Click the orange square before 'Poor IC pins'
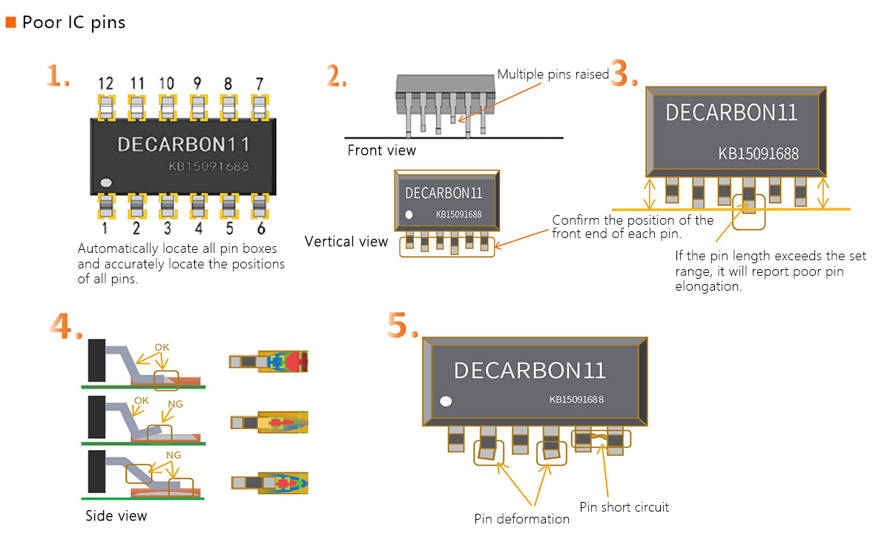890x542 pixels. pos(10,22)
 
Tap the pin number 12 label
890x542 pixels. pos(106,84)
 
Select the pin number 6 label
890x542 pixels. pos(259,228)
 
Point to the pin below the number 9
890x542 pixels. pos(197,108)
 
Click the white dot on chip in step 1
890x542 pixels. pos(106,182)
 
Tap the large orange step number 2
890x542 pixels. pos(336,76)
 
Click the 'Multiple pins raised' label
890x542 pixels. pos(553,74)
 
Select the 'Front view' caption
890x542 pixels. pos(381,151)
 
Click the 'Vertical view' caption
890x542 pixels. pos(346,242)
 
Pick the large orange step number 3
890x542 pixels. pos(623,74)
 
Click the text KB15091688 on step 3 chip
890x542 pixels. pos(758,154)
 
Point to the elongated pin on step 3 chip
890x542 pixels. pos(748,196)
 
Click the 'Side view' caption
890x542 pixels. pos(116,516)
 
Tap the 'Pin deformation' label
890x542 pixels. pos(521,519)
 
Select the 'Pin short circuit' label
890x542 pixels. pos(624,507)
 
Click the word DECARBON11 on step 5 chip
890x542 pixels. pos(530,370)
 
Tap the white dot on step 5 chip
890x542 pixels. pos(446,401)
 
